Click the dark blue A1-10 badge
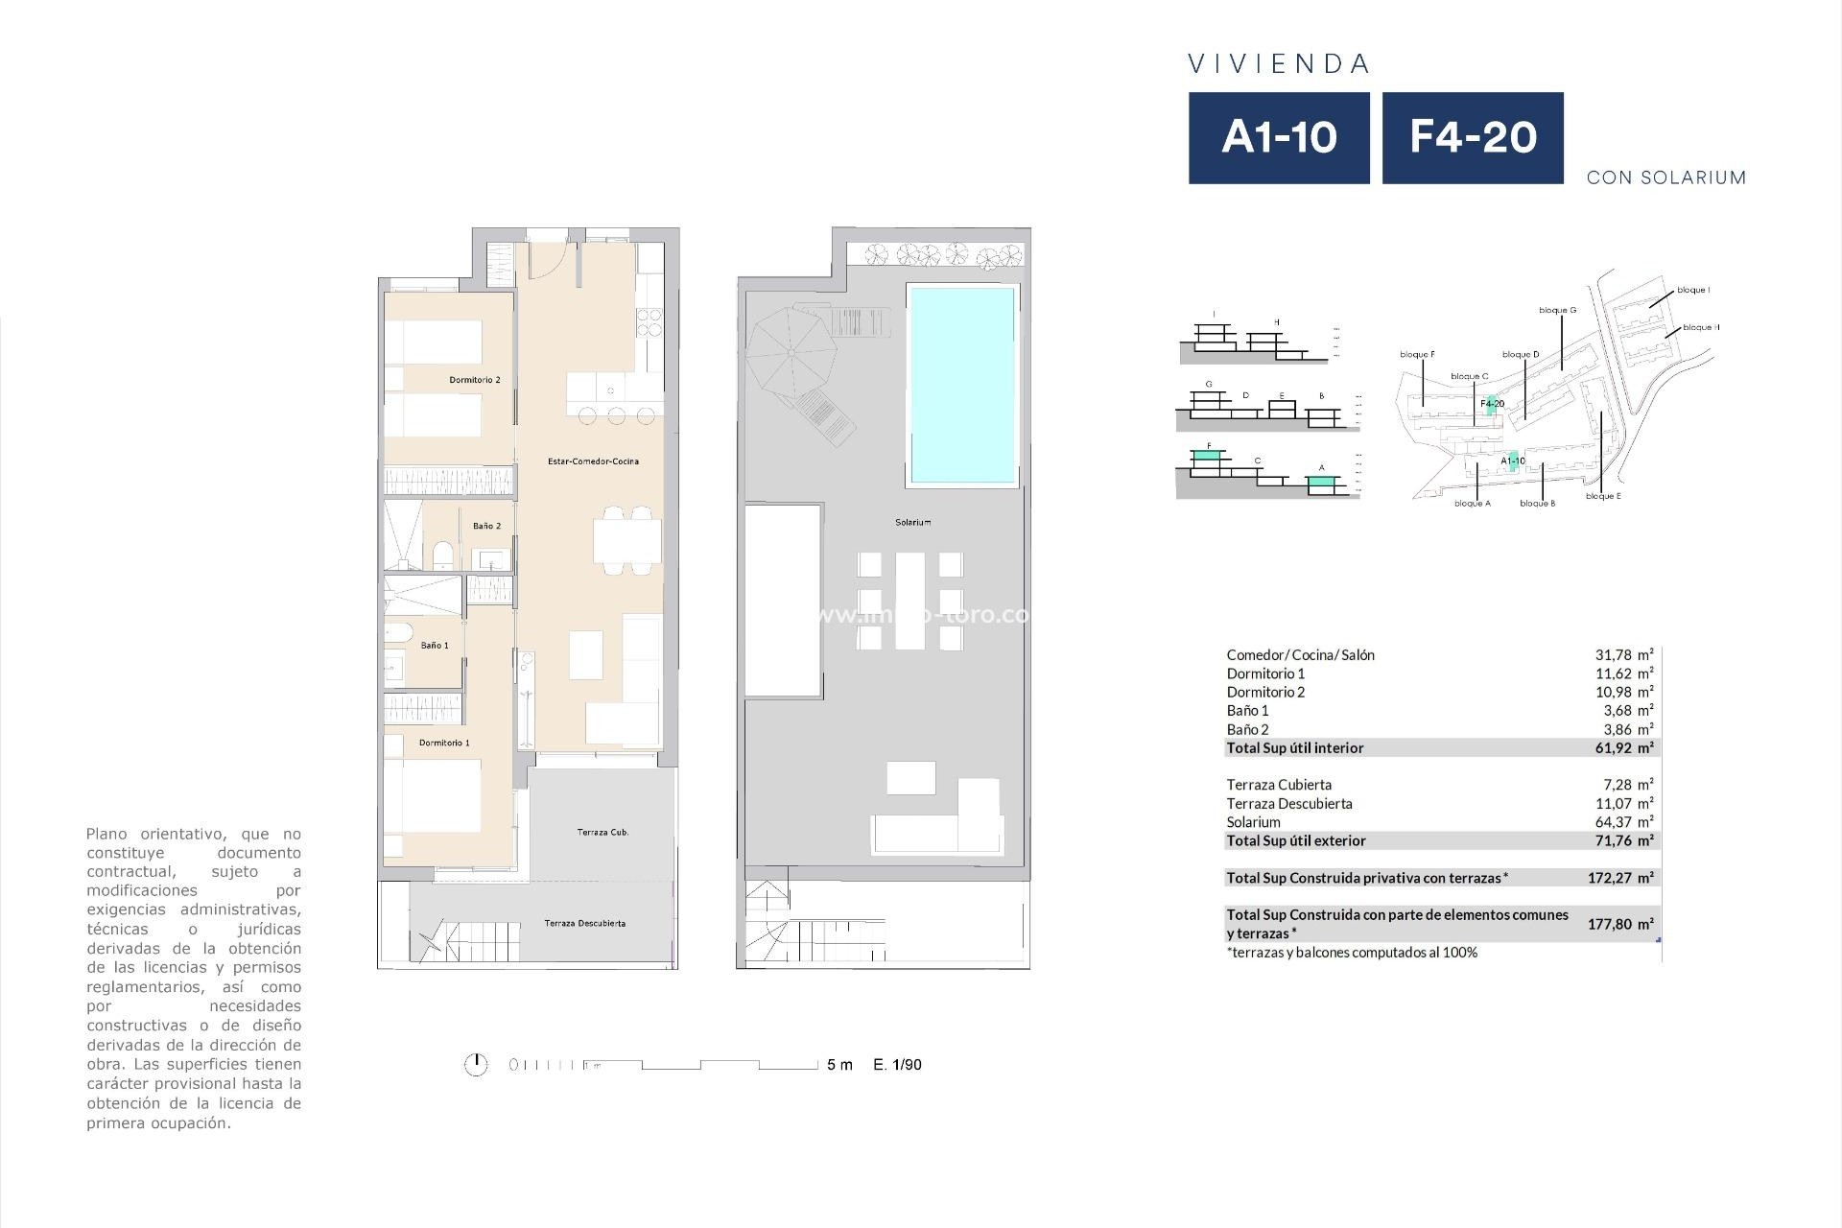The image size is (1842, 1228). pos(1279,137)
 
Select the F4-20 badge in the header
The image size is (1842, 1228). pos(1473,137)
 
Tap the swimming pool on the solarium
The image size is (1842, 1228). pos(961,385)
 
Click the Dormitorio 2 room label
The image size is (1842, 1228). pos(475,380)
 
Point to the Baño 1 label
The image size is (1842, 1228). pos(435,646)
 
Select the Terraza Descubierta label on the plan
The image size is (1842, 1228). pos(584,924)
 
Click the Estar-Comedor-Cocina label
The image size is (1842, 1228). pos(593,461)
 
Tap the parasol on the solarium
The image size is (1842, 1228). pos(791,350)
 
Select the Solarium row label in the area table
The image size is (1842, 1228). pos(1253,822)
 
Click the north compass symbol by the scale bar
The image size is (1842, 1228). pos(476,1064)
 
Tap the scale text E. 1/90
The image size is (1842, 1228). pos(897,1064)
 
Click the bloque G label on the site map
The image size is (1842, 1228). pos(1557,310)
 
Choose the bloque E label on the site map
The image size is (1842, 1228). pos(1603,496)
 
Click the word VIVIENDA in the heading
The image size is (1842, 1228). pos(1279,64)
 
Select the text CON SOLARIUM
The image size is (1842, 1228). pos(1666,177)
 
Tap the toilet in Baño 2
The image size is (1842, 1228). pos(443,555)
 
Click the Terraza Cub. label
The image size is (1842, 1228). pos(602,832)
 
